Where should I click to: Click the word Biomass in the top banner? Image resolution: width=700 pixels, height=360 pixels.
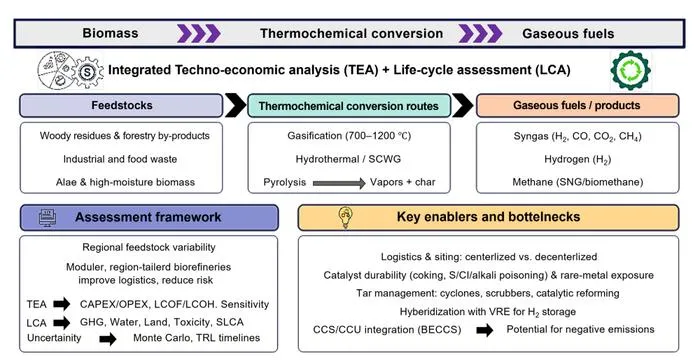click(110, 33)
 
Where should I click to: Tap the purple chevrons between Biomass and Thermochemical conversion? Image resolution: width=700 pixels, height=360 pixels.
click(199, 33)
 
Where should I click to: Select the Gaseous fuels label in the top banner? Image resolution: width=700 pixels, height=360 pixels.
click(568, 33)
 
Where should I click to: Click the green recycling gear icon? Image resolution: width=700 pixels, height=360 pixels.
click(630, 70)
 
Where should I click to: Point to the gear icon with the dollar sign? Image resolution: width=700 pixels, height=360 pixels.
click(87, 72)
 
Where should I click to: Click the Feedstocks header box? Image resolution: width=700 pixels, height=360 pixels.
click(121, 106)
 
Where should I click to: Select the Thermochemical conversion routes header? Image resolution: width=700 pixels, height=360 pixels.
click(349, 106)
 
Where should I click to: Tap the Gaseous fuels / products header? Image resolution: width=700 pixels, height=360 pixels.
click(577, 106)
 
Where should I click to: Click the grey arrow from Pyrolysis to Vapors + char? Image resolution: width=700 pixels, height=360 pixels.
click(339, 183)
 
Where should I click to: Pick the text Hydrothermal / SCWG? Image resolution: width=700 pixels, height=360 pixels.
click(348, 159)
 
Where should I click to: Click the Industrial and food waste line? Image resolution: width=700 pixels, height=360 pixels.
click(120, 159)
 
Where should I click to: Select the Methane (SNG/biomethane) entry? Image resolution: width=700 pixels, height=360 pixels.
click(578, 182)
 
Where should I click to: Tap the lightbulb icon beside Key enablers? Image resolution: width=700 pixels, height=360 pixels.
click(346, 218)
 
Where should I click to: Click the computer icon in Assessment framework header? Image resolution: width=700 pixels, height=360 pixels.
click(48, 218)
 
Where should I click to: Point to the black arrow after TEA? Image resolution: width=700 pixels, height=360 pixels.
click(62, 304)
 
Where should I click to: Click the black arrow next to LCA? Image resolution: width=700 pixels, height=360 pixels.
click(62, 322)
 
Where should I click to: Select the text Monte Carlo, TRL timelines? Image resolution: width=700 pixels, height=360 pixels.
click(196, 338)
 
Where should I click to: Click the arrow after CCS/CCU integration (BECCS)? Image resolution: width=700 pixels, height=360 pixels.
click(484, 330)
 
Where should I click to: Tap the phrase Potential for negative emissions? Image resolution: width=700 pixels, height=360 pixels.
click(580, 330)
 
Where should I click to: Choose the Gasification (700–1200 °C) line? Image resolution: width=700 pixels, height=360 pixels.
click(349, 136)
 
